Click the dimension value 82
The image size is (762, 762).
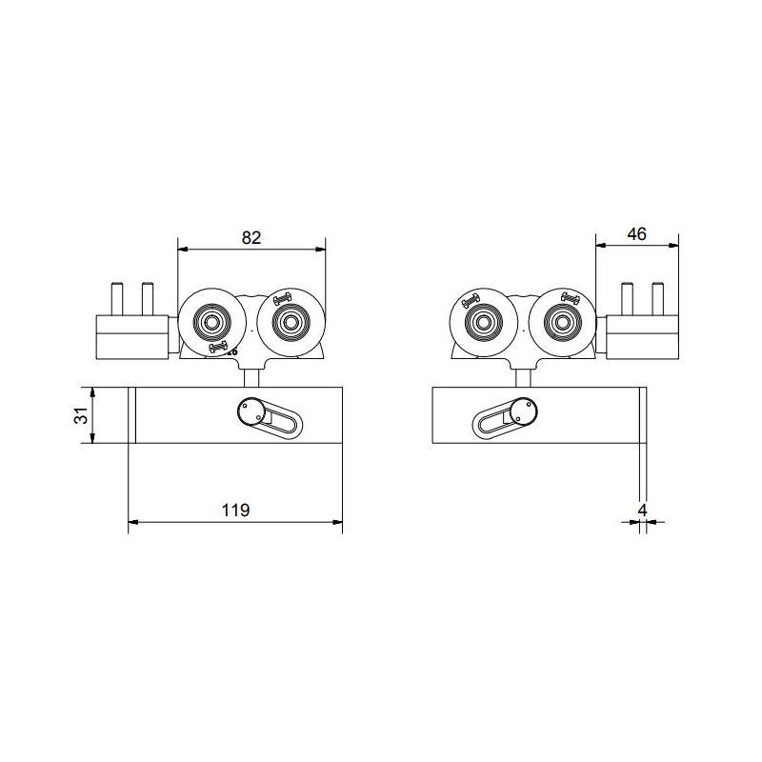pos(251,237)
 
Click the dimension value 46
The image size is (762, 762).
pos(636,234)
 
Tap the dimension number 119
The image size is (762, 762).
pos(235,510)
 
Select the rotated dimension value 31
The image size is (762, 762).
pos(82,415)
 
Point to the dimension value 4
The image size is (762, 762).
pos(642,511)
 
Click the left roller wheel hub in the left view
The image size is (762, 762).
pos(211,321)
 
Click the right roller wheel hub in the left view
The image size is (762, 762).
pos(291,321)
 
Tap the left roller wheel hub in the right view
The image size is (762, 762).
pos(483,321)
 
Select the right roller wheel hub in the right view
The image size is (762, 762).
pos(562,321)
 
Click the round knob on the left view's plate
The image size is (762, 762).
pos(251,411)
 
